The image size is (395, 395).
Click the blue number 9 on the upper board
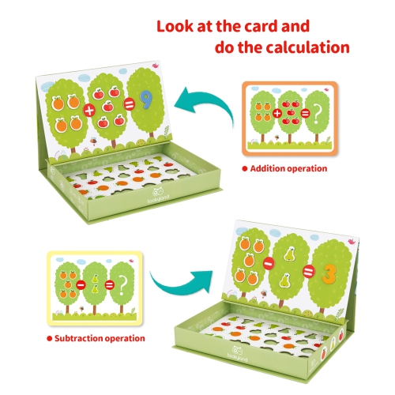[x=145, y=100]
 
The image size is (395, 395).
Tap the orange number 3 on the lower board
[x=329, y=273]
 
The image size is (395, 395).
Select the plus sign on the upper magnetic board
[x=89, y=110]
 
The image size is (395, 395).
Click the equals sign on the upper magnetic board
[x=130, y=104]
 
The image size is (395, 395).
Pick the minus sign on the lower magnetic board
[x=269, y=263]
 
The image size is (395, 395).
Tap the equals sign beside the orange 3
[x=308, y=271]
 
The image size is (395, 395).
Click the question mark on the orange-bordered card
[x=318, y=115]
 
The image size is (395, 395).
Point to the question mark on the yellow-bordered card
[x=122, y=285]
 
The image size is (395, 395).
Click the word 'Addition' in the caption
[x=268, y=168]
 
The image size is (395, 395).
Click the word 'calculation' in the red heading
[x=307, y=47]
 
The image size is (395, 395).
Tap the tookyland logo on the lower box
[x=237, y=354]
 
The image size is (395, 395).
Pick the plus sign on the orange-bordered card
[x=277, y=114]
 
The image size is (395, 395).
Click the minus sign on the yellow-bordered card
[x=81, y=284]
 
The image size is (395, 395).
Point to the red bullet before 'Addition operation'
[x=245, y=169]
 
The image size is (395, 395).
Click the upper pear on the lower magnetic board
[x=289, y=254]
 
